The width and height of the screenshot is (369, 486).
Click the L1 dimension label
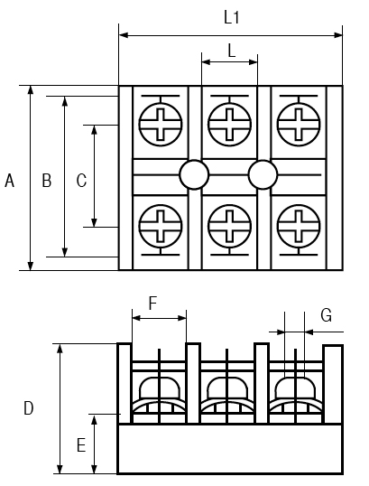tap(232, 18)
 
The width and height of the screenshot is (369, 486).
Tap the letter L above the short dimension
tap(232, 51)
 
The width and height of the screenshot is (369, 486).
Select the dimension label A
tap(10, 181)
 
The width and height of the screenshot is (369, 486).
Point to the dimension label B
tap(47, 181)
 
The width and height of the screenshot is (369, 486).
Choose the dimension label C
tap(81, 181)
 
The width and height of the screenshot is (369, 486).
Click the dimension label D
tap(29, 408)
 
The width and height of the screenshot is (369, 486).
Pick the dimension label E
tap(81, 445)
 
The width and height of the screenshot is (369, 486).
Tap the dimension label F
tap(153, 304)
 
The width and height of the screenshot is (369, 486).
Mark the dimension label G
tap(327, 315)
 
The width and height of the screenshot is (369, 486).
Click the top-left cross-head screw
tap(161, 124)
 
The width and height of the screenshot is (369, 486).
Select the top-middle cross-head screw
tap(229, 124)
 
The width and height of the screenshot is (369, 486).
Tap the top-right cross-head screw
tap(299, 124)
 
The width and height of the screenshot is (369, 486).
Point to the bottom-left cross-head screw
tap(161, 226)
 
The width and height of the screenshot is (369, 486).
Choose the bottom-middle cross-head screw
tap(229, 226)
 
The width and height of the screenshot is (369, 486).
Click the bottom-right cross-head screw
tap(299, 226)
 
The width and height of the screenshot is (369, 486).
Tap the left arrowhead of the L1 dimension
tap(124, 35)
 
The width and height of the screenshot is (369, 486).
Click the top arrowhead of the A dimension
tap(31, 90)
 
